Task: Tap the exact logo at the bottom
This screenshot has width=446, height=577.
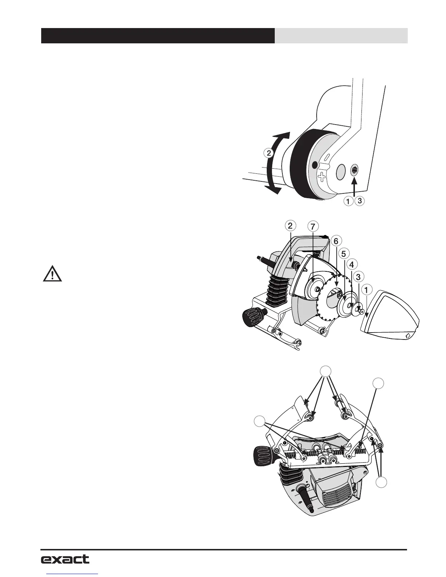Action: click(65, 559)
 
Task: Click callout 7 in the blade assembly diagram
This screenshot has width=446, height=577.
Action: click(312, 226)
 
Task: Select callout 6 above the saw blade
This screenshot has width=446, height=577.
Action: click(336, 241)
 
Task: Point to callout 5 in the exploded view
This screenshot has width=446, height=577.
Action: click(343, 252)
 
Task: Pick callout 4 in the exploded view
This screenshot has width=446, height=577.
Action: click(351, 264)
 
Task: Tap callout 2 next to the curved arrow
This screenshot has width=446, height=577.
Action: click(269, 153)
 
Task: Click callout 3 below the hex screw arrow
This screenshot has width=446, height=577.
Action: click(360, 201)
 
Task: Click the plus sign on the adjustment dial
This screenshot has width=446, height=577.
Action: click(321, 177)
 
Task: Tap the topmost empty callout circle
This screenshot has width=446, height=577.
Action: click(326, 371)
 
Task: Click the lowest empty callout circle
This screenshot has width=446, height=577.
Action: click(382, 483)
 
